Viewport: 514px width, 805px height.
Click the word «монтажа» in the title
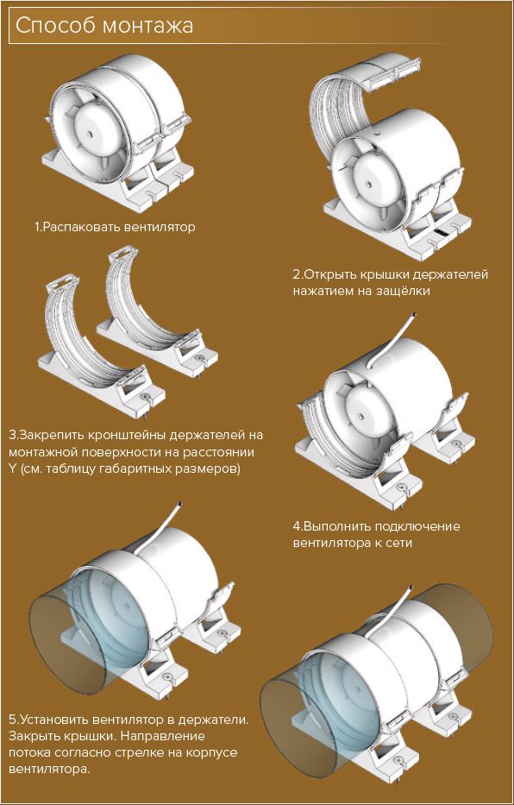coord(147,26)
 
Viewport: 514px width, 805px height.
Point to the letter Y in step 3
coord(12,469)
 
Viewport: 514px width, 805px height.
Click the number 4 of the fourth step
coord(297,526)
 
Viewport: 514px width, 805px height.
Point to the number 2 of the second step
coord(297,274)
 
